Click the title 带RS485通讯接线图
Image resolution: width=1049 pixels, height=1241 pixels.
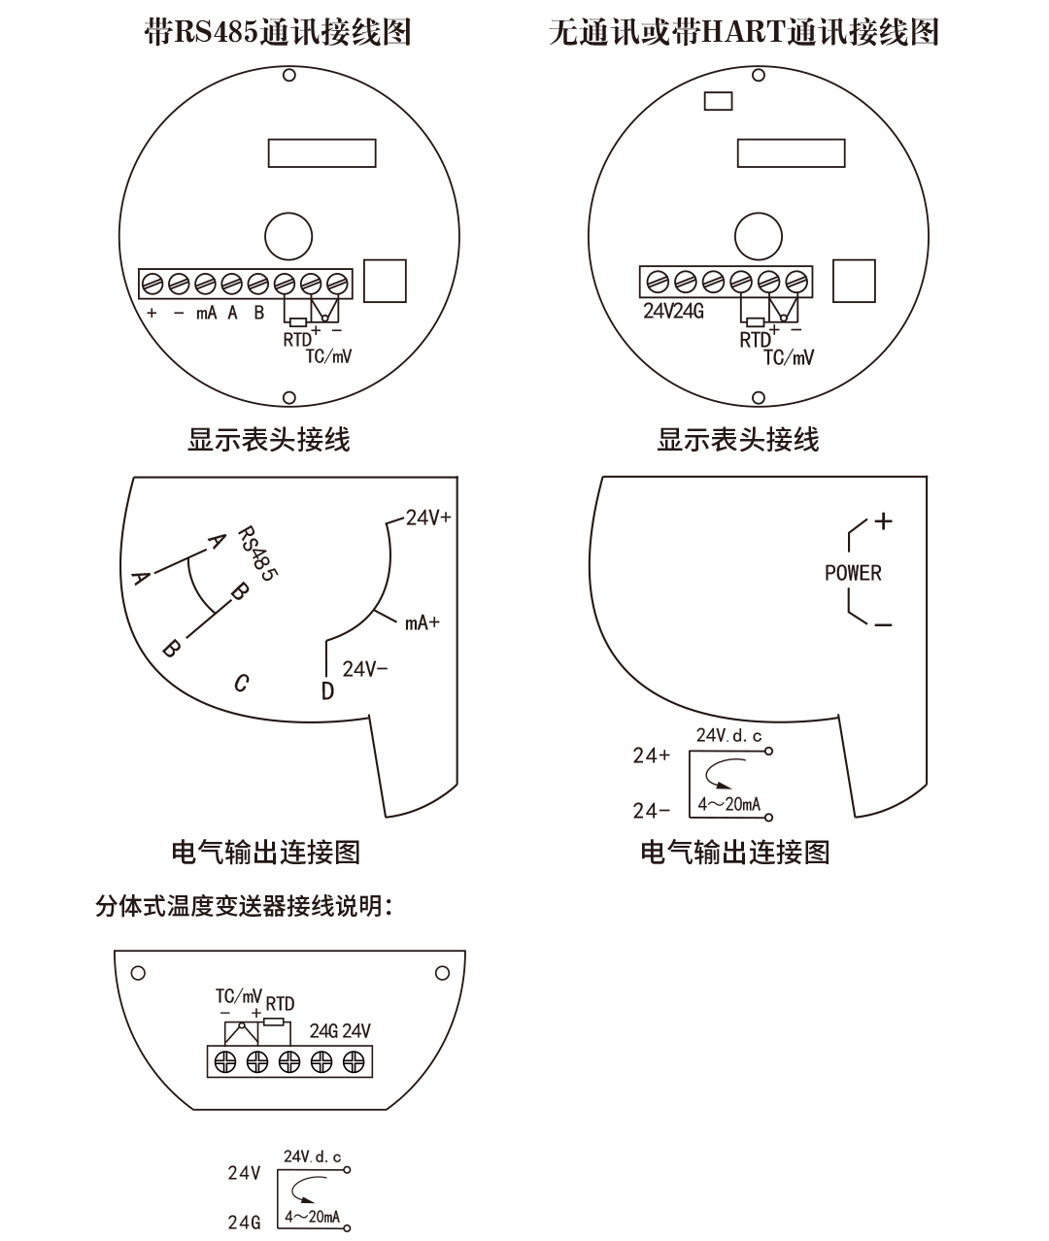[277, 33]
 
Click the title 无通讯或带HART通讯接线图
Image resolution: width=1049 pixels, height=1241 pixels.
[743, 33]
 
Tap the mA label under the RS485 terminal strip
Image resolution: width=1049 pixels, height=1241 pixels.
[206, 314]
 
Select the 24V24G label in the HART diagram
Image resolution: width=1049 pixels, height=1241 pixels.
[673, 312]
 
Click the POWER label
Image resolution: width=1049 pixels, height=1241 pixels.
[853, 573]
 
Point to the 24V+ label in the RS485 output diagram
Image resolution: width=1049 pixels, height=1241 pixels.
[428, 518]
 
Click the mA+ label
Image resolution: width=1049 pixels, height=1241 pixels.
[423, 622]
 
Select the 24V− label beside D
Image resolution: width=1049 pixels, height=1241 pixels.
[365, 669]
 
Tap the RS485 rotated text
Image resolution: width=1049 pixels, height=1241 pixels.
[257, 553]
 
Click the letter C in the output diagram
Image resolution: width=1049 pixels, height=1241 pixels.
[242, 683]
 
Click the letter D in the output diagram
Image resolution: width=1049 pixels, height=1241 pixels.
[327, 690]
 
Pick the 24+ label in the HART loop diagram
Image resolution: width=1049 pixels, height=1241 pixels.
[651, 755]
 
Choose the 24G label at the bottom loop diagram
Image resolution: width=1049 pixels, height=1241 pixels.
[245, 1222]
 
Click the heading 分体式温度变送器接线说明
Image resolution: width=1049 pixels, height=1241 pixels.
[244, 907]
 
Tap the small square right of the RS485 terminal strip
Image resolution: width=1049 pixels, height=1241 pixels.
[385, 281]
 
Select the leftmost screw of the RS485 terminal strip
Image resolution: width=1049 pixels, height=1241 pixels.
[152, 284]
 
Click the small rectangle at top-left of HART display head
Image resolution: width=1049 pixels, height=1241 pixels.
[718, 100]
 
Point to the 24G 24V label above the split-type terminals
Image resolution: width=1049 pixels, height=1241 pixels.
[340, 1031]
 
